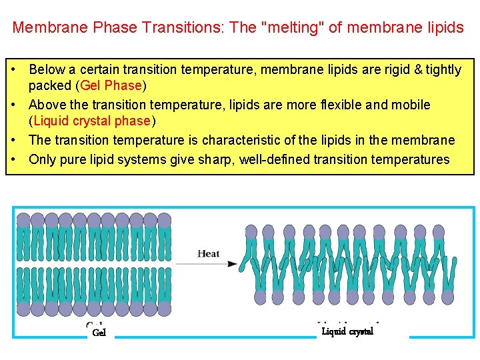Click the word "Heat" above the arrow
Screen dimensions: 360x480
pos(208,253)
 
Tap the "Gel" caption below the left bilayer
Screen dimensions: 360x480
pos(99,332)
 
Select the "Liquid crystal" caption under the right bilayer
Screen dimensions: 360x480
pos(347,331)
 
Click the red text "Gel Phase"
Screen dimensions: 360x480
pos(111,85)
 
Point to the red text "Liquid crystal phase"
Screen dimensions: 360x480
pos(91,121)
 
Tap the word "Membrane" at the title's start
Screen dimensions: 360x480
pos(44,27)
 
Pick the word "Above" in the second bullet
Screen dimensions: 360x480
pos(47,105)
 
